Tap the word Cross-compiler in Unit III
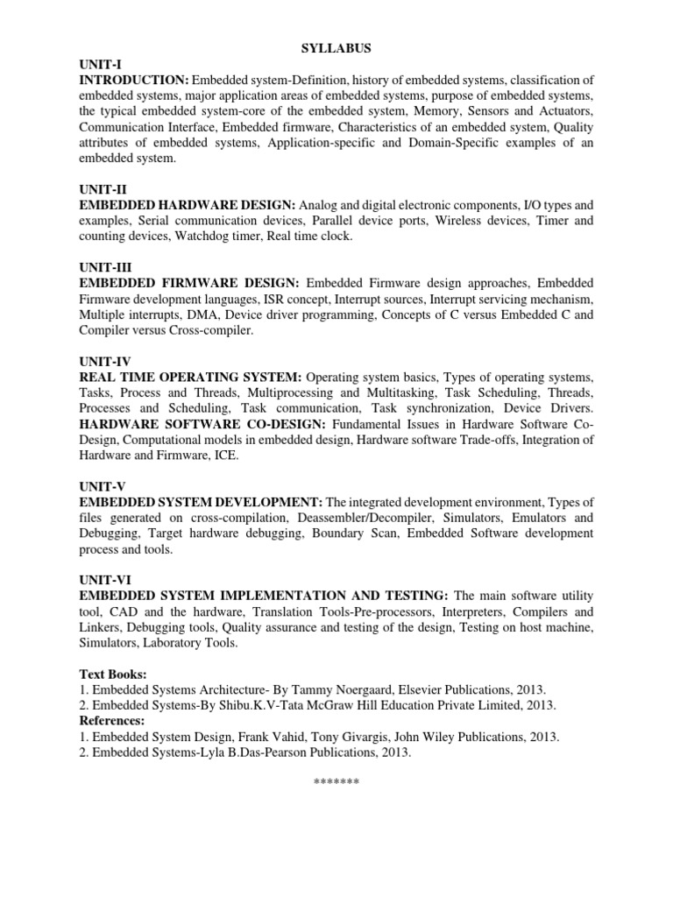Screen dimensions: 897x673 click(x=211, y=331)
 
